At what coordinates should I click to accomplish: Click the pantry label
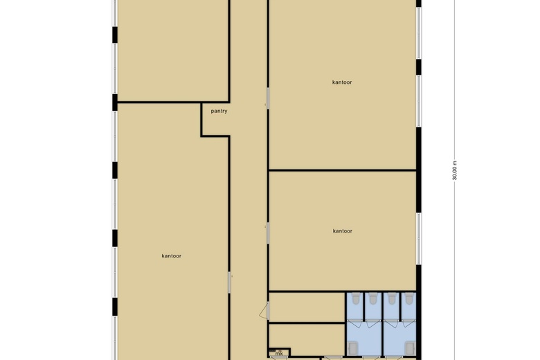tap(219, 111)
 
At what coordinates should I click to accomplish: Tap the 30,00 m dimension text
tap(455, 170)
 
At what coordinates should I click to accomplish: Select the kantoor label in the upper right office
tap(342, 82)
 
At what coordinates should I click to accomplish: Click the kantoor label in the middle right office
tap(342, 231)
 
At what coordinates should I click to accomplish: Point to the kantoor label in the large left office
tap(172, 256)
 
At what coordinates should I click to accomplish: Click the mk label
tap(279, 354)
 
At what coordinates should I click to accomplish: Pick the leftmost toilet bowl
tap(355, 299)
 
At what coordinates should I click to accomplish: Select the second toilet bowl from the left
tap(373, 299)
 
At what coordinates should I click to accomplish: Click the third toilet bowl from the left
tap(392, 299)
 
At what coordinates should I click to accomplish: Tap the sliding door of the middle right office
tap(268, 233)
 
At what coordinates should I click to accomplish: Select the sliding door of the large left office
tap(230, 282)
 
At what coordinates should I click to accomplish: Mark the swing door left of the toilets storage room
tap(265, 311)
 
